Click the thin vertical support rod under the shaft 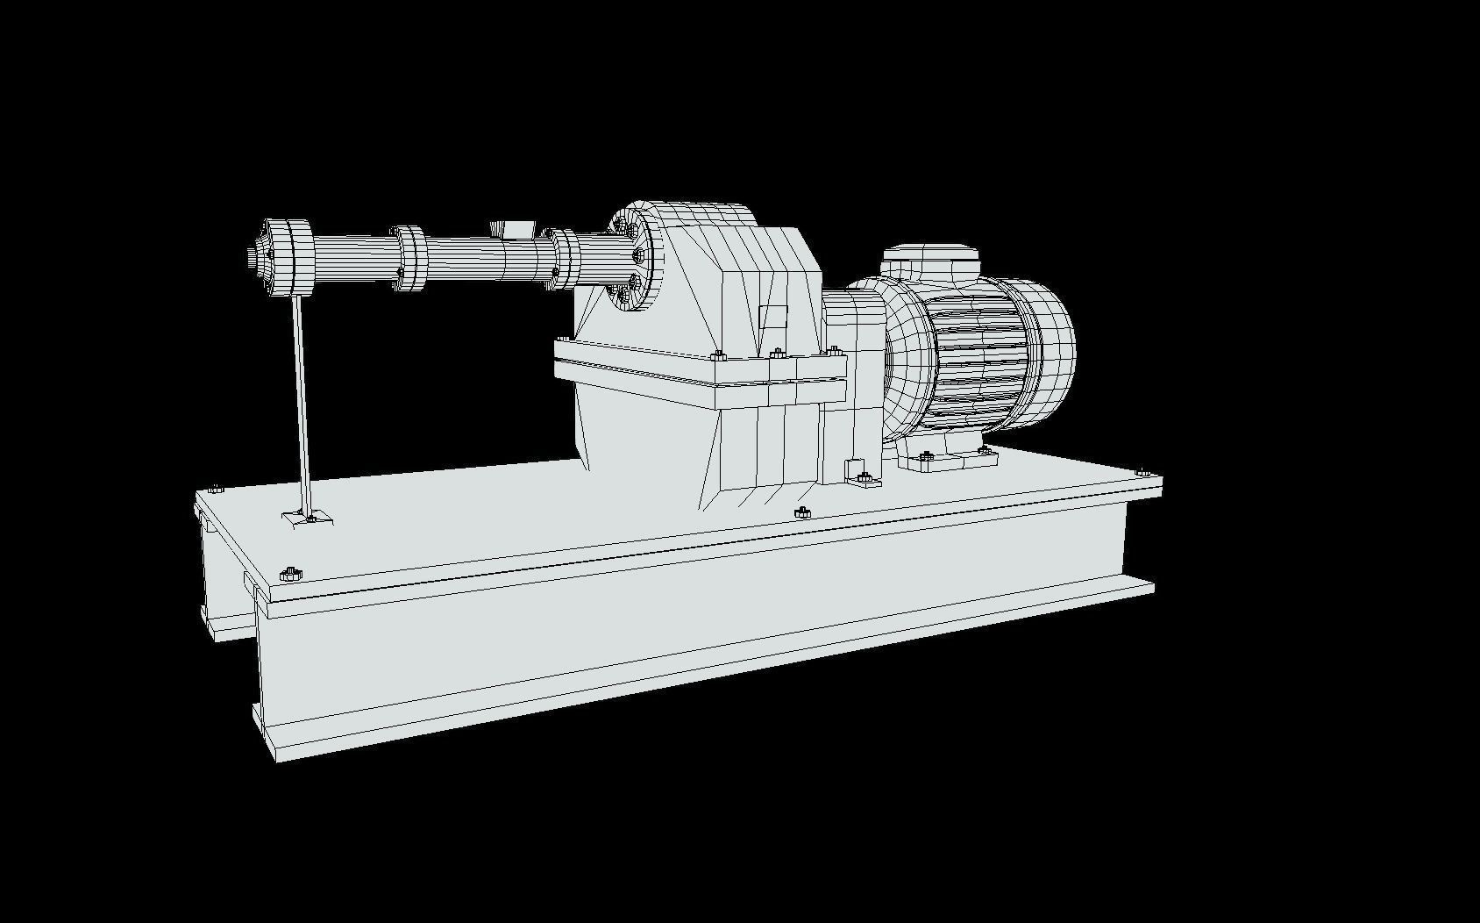(x=301, y=404)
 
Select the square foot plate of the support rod (x=307, y=519)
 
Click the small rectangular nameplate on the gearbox (x=772, y=316)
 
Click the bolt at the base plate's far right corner (x=1142, y=472)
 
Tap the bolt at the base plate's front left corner (x=290, y=575)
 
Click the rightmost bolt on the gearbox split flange (x=832, y=351)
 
